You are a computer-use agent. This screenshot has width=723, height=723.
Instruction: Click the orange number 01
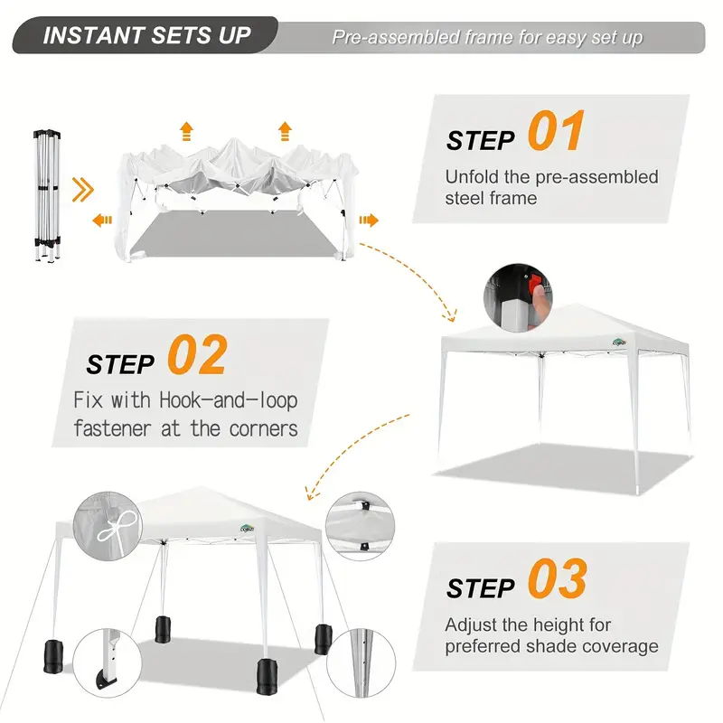click(557, 130)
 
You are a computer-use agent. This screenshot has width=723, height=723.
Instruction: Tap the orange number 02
click(197, 354)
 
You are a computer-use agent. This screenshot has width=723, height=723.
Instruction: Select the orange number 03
click(558, 578)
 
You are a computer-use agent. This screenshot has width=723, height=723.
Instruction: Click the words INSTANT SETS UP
click(146, 35)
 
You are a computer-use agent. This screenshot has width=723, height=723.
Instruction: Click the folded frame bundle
click(47, 196)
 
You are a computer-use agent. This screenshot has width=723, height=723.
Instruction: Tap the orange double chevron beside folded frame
click(83, 190)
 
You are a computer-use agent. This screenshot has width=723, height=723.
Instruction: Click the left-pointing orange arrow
click(102, 221)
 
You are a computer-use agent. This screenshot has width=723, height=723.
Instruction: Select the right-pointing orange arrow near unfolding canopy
click(369, 221)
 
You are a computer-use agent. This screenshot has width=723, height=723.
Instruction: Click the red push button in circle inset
click(535, 283)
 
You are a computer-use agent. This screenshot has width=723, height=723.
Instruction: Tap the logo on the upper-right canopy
click(619, 342)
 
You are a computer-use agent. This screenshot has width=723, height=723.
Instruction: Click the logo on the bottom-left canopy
click(247, 529)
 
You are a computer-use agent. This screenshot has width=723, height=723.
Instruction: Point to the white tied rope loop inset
click(117, 528)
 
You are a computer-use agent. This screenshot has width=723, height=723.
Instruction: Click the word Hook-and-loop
click(229, 400)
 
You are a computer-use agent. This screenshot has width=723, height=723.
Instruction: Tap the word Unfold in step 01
click(472, 177)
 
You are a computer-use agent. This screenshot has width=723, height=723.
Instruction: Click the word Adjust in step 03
click(471, 625)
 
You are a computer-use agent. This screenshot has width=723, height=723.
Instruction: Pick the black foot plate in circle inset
click(107, 681)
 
